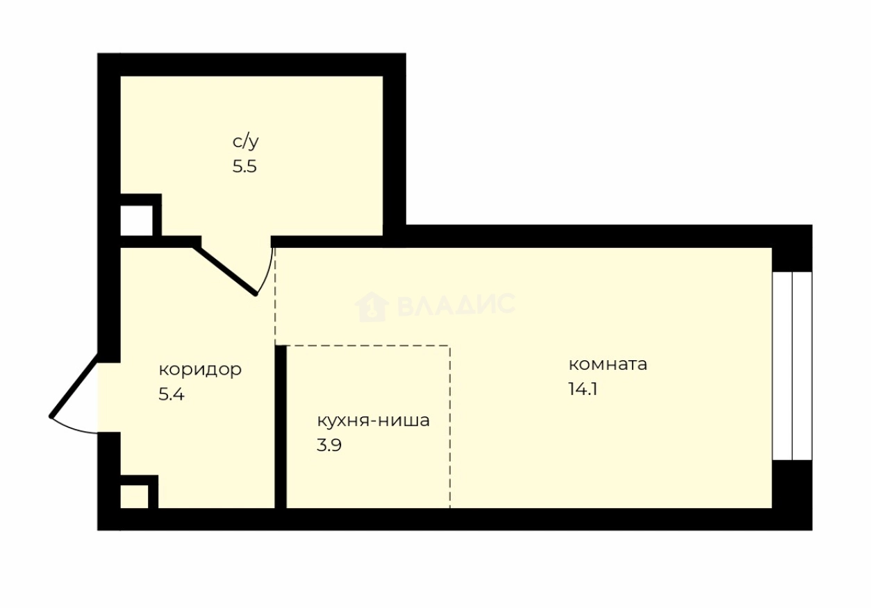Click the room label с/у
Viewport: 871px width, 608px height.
245,142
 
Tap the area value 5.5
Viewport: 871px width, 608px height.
244,167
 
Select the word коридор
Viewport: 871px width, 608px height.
200,369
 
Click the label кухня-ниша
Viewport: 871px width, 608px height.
373,420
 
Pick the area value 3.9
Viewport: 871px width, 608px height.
329,445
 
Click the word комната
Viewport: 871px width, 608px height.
608,364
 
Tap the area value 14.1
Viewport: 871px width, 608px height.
583,389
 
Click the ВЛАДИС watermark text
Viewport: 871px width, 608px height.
456,305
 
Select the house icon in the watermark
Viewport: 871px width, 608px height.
371,305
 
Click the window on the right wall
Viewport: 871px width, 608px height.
792,365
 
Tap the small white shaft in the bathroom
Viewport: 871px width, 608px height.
135,221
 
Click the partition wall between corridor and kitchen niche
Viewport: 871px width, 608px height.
281,427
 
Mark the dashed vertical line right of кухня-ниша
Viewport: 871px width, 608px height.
450,427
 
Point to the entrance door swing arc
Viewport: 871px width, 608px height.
73,428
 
